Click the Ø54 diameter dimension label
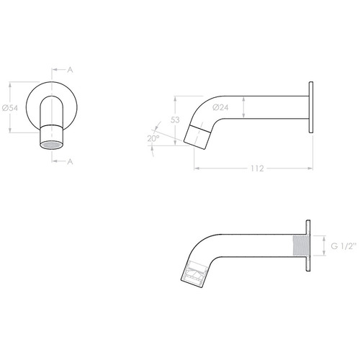click(9, 108)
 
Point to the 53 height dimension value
click(175, 120)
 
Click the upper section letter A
click(70, 70)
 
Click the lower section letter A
click(70, 162)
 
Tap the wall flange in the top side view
click(311, 107)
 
